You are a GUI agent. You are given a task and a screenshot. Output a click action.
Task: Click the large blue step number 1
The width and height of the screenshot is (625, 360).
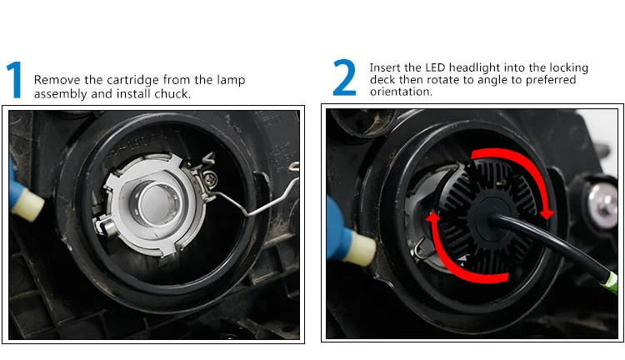pos(14,79)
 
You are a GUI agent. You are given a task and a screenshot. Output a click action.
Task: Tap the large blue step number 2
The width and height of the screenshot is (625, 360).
pos(344,77)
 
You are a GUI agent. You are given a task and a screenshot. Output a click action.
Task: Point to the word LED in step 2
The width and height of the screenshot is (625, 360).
pos(435,67)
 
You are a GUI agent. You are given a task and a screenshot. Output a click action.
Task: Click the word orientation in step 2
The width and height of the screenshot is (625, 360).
pos(401,92)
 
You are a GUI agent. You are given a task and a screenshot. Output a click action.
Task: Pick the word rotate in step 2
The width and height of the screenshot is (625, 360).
pos(442,80)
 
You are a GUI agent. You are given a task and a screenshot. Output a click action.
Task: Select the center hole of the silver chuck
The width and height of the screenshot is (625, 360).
pos(157,203)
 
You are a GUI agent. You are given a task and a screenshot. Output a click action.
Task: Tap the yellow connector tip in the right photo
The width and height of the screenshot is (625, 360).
pos(360,249)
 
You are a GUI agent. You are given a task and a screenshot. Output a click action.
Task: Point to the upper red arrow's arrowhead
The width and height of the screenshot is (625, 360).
pos(547,213)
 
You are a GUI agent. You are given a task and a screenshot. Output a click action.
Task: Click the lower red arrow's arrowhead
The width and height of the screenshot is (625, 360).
pos(432,217)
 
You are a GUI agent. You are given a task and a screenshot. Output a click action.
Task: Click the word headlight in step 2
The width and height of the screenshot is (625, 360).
pos(474,67)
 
